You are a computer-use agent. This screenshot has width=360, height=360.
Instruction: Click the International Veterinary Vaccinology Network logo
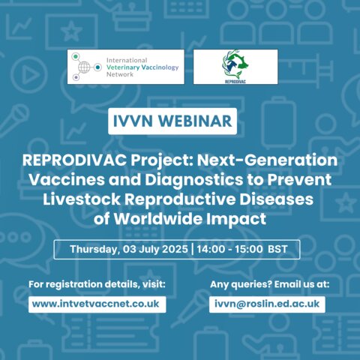click(x=126, y=67)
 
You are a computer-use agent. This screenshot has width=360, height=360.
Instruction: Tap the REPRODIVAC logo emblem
click(x=235, y=64)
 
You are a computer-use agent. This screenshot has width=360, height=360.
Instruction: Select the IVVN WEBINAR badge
click(x=172, y=121)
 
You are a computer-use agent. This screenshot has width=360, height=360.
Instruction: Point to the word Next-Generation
click(x=267, y=160)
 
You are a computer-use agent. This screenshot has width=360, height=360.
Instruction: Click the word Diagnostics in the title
click(x=194, y=180)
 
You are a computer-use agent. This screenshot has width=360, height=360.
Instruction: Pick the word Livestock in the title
click(x=82, y=199)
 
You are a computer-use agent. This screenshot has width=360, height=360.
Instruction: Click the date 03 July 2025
click(x=155, y=249)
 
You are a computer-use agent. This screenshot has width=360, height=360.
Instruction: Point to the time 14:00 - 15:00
click(x=229, y=249)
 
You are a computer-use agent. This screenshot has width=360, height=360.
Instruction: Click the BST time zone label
click(x=277, y=249)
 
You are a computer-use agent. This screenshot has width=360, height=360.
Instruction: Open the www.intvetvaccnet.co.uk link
click(x=96, y=304)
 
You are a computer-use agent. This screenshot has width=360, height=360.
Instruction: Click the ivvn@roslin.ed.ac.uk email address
click(x=267, y=304)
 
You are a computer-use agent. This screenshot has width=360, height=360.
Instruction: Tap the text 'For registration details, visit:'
click(x=97, y=284)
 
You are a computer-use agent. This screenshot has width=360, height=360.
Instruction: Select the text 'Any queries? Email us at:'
click(x=270, y=284)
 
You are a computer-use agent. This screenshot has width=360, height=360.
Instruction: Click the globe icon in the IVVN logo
click(x=84, y=67)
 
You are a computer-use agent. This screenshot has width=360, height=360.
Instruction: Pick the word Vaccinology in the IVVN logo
click(x=160, y=67)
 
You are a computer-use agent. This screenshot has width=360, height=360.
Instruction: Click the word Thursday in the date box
click(x=94, y=250)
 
